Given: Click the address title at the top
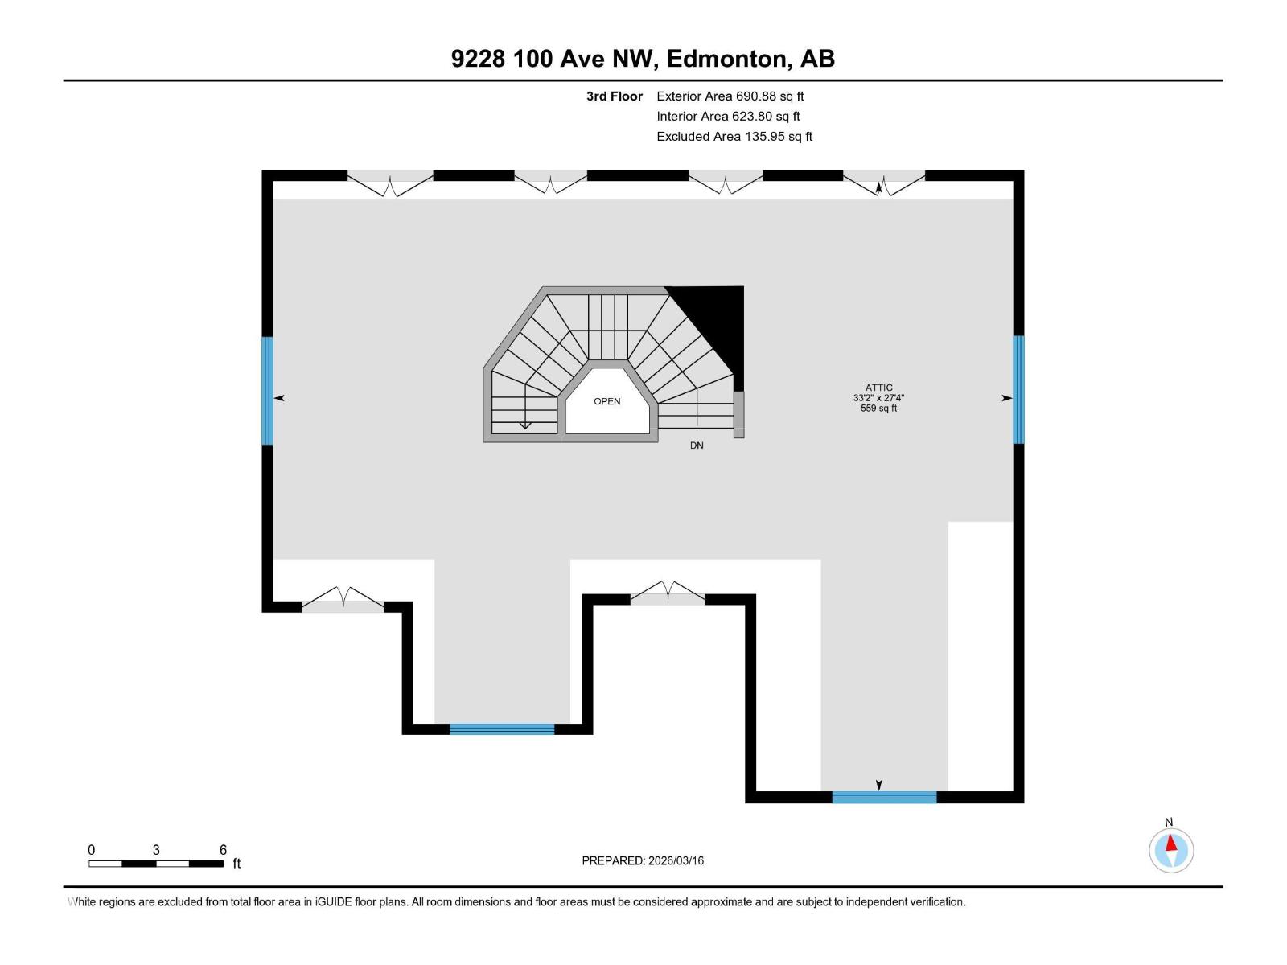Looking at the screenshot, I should tap(643, 59).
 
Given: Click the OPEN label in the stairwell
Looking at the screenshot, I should tap(606, 401).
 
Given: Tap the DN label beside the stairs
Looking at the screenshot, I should tap(697, 446).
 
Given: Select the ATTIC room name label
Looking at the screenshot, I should tap(878, 388).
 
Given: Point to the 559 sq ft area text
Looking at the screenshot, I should tap(878, 409).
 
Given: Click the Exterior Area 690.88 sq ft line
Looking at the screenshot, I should tap(730, 96).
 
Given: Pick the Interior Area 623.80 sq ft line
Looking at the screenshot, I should tap(728, 117).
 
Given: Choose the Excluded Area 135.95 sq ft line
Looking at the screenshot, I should tap(734, 137).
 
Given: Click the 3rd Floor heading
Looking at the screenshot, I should tap(614, 96).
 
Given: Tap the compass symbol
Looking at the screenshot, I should tap(1170, 849).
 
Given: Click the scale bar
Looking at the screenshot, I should tap(156, 864).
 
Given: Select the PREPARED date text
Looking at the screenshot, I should tap(643, 860).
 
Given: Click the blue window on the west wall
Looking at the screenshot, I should tap(268, 390).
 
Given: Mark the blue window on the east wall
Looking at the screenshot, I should tap(1018, 390).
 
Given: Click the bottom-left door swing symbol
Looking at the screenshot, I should tap(343, 599).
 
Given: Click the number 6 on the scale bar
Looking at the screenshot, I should tap(223, 850).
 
